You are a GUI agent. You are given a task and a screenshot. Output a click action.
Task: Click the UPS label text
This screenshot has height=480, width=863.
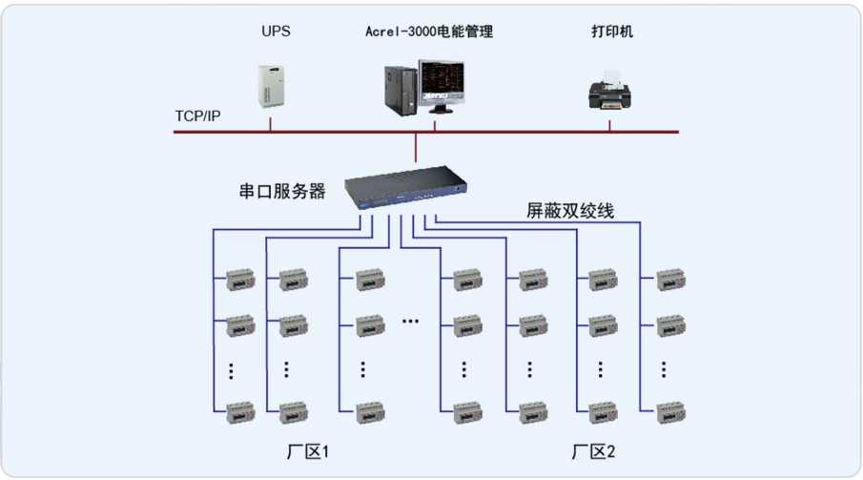276,31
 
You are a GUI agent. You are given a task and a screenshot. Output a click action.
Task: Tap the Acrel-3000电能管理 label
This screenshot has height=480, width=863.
429,32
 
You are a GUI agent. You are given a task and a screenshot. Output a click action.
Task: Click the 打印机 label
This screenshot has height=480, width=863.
611,31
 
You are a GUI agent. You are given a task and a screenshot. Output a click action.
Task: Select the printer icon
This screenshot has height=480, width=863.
610,92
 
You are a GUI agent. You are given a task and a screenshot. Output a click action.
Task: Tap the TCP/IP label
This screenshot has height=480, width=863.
197,115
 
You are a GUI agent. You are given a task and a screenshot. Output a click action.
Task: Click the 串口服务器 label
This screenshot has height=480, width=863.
282,192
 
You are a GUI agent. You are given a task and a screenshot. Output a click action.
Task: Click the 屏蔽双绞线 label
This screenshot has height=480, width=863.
570,210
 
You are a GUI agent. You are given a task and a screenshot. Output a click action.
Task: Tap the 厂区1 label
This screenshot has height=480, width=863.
308,450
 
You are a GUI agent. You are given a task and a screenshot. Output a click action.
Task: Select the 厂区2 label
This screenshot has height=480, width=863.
594,450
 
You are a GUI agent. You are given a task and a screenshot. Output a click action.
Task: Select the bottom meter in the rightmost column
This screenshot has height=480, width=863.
670,412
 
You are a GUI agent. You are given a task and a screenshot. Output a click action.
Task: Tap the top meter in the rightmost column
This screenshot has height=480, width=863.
670,281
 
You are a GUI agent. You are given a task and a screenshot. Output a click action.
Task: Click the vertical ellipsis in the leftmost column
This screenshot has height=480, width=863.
231,369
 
